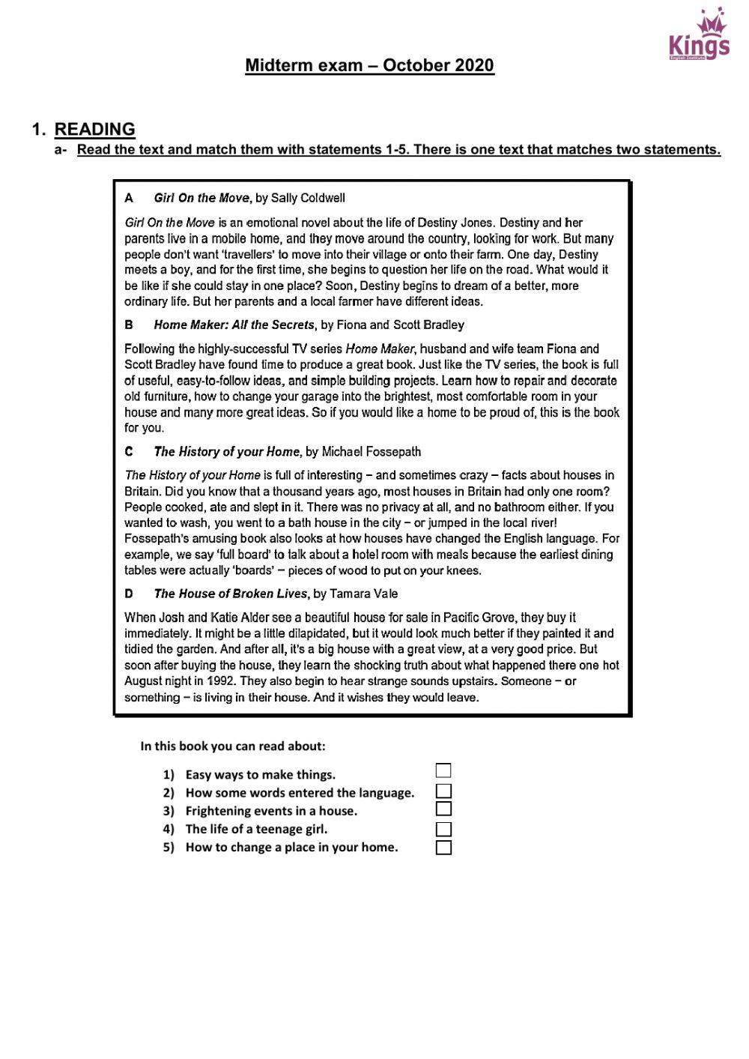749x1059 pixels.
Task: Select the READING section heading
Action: coord(94,129)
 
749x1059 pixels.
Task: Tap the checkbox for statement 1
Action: coord(443,770)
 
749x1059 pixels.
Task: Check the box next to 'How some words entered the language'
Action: coord(443,791)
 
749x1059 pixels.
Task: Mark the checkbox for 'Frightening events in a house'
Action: coord(443,809)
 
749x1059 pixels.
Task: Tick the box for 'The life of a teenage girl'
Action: coord(443,829)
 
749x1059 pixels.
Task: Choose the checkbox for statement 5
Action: coord(443,848)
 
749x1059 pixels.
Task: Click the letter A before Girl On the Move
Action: coord(129,199)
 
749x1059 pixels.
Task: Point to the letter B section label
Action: coord(129,325)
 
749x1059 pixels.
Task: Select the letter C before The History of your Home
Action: coord(129,452)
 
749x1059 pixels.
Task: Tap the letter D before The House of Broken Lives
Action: coord(129,594)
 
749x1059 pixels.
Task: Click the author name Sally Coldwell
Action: coord(308,199)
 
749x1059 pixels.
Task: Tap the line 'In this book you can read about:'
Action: coord(232,746)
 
